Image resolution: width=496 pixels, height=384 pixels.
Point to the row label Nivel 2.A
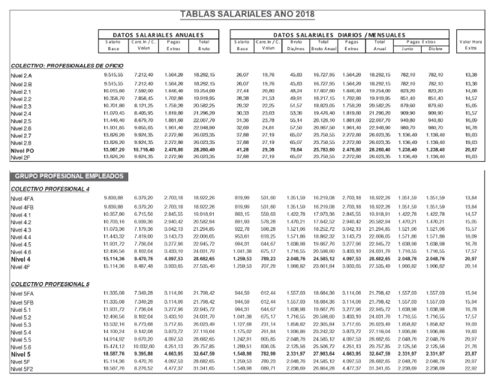coord(25,76)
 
